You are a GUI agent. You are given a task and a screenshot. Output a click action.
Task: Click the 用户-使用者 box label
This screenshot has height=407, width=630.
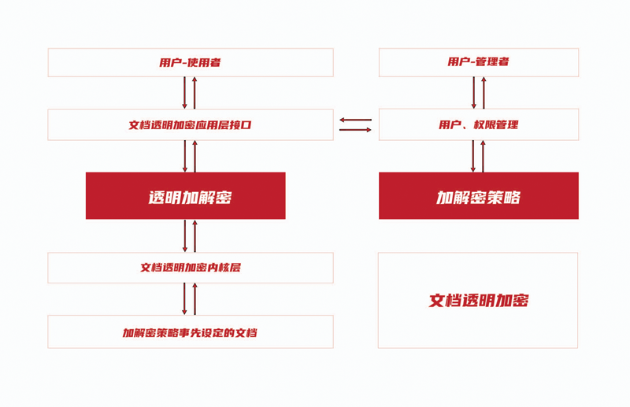click(190, 62)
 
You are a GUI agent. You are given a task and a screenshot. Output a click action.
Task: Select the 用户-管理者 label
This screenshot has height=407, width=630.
click(479, 61)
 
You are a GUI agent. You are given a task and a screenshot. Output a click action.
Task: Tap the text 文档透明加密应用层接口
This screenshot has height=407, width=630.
click(190, 124)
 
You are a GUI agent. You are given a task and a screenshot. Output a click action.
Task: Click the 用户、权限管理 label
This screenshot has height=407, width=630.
click(479, 124)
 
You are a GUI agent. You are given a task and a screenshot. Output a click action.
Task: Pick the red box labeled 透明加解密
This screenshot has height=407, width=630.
click(186, 196)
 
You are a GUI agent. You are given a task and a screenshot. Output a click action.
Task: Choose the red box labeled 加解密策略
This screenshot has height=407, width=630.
click(479, 196)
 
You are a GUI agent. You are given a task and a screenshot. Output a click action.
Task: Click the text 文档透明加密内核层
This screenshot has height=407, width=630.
click(191, 268)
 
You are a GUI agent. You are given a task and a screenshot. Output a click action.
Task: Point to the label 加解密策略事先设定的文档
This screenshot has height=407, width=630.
click(190, 333)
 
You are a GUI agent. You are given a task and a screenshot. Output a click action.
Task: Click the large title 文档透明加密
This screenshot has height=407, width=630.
click(479, 300)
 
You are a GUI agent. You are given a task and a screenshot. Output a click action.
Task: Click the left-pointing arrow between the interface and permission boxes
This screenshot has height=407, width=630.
click(356, 120)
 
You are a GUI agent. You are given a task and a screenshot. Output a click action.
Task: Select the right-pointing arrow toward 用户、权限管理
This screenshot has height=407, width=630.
click(356, 130)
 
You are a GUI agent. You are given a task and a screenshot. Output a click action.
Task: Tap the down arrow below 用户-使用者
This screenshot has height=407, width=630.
click(185, 93)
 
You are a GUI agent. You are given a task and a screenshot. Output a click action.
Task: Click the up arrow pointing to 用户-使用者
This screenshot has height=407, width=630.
click(195, 93)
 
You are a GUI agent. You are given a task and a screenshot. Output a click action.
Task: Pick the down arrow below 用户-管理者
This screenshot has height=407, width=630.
click(474, 93)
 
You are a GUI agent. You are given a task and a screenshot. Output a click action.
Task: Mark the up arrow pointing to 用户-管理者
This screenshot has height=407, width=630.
click(484, 93)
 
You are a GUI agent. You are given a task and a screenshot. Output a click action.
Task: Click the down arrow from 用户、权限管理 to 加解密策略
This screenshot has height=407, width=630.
click(473, 157)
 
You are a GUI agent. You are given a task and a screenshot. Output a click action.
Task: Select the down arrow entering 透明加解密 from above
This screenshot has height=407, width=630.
click(185, 157)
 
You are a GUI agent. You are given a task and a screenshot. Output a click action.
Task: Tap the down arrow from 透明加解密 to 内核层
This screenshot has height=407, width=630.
click(185, 236)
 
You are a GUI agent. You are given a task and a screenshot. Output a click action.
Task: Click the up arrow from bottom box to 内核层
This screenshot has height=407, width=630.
click(195, 299)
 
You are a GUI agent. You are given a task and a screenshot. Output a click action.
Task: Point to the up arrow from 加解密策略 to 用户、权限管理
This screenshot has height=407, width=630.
click(484, 157)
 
